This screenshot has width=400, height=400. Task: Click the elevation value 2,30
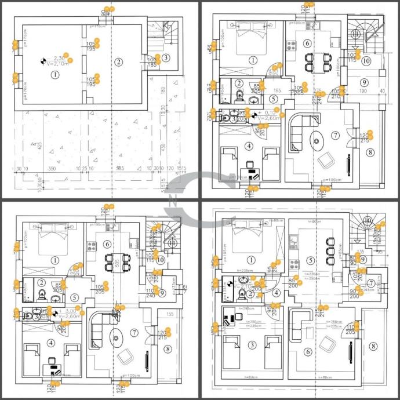[59, 59]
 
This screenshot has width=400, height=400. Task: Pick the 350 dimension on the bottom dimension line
[52, 168]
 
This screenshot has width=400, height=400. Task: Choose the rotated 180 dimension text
[164, 92]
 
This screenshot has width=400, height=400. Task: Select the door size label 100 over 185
[151, 61]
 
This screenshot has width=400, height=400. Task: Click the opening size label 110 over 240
[151, 294]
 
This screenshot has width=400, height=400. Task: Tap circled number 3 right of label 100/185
[166, 57]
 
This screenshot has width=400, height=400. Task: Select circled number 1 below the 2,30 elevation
[55, 74]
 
